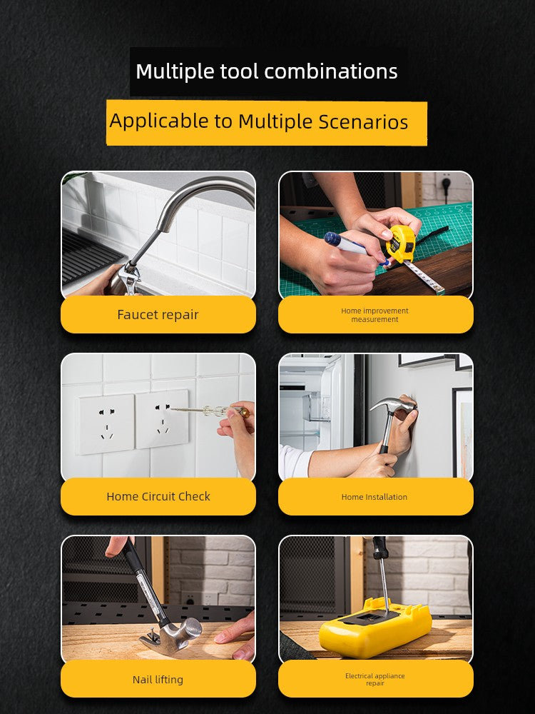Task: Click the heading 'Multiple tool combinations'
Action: click(267, 71)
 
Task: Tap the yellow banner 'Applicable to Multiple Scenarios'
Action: click(267, 123)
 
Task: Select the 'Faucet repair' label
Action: click(158, 315)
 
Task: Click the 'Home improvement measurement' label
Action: click(375, 315)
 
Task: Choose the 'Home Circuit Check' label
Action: click(158, 496)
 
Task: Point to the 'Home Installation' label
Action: click(375, 497)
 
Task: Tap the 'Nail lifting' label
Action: click(158, 680)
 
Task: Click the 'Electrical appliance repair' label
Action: click(375, 680)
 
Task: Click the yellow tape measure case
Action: click(400, 244)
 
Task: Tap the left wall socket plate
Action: click(106, 424)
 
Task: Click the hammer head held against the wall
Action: click(392, 403)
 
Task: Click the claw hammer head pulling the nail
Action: click(175, 633)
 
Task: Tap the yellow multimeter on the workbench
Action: click(375, 627)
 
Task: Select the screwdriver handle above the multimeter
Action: click(379, 548)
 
